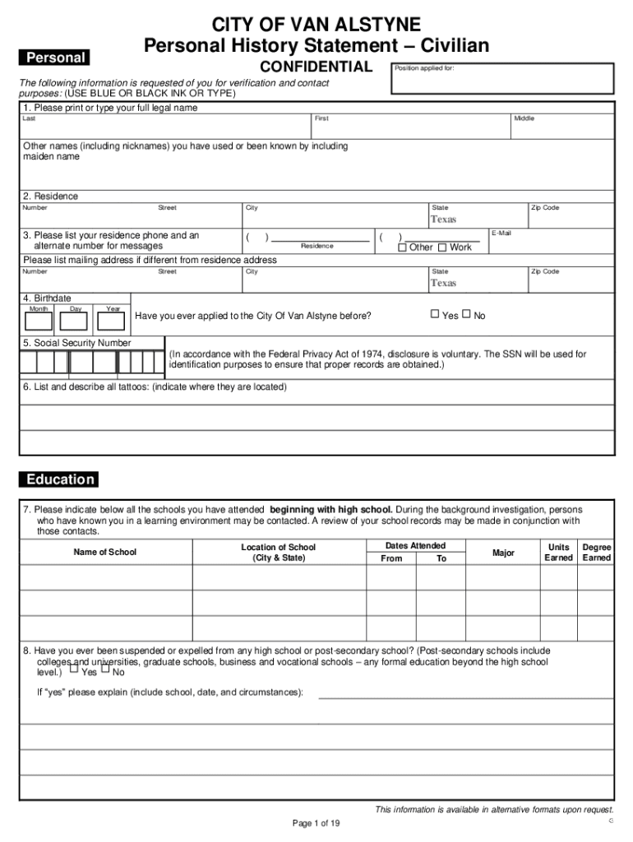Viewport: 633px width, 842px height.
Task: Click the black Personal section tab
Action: tap(55, 58)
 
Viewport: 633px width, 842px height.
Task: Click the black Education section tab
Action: tap(59, 479)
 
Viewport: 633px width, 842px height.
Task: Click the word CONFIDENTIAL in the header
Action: tap(316, 67)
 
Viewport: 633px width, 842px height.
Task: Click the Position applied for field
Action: tap(502, 79)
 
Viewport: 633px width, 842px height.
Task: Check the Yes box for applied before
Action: tap(436, 313)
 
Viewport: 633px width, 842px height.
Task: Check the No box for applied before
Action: tap(466, 313)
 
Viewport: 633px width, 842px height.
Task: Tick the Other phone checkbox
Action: tap(402, 248)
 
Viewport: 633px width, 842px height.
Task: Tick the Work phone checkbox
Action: tap(442, 248)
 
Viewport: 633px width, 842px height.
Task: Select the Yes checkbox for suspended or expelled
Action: tap(73, 669)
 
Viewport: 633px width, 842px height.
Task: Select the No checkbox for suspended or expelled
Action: tap(105, 669)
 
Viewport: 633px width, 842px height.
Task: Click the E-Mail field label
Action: tap(502, 234)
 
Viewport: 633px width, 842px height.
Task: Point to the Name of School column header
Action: tap(105, 552)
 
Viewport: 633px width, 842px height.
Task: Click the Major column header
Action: tap(503, 553)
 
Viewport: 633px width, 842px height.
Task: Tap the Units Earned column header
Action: tap(558, 552)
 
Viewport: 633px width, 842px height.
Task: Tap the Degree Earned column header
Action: tap(596, 552)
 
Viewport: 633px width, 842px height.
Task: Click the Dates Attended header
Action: tap(415, 545)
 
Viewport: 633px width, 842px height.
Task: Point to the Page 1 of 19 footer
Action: tap(316, 823)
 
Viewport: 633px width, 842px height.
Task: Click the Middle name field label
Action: tap(524, 118)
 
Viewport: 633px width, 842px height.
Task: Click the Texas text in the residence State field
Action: tap(443, 220)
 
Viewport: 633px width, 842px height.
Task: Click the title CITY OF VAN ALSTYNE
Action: tap(316, 24)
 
